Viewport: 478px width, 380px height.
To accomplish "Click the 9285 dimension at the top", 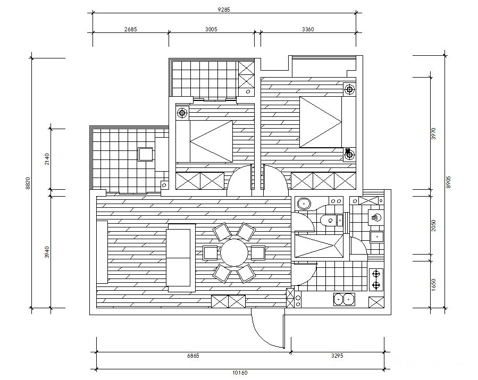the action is [224, 10].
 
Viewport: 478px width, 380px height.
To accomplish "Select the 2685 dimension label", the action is [131, 29].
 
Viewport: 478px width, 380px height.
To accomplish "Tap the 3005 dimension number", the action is [211, 29].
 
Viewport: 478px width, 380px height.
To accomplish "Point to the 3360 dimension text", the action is [308, 29].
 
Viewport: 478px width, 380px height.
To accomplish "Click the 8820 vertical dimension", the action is [28, 183].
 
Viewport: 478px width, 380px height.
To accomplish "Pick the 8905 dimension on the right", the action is [448, 182].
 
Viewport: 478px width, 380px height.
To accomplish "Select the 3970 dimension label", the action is [434, 133].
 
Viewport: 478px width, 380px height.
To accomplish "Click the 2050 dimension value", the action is [434, 226].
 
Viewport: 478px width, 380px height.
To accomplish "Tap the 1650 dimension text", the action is [434, 284].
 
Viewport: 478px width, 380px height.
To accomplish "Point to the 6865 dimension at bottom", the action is [193, 356].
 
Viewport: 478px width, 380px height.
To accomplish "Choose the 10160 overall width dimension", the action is [240, 373].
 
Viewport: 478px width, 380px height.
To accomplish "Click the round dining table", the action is [234, 252].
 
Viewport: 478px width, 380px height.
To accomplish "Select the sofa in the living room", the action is [181, 258].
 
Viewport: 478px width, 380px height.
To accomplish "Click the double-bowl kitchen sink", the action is [344, 300].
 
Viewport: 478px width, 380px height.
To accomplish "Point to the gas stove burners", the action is [376, 280].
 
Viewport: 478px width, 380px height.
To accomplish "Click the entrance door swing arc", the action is [262, 334].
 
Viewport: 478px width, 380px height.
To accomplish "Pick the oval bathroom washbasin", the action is [304, 203].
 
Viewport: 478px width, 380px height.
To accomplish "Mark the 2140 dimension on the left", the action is [47, 159].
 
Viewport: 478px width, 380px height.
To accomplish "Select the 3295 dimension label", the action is [337, 356].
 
